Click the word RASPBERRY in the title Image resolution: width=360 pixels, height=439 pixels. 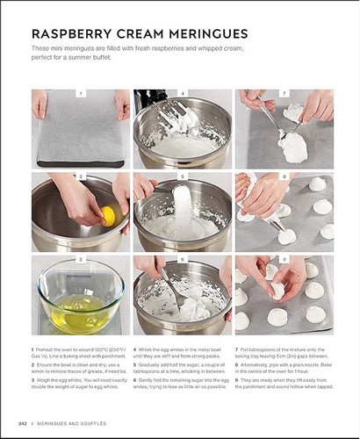coord(68,32)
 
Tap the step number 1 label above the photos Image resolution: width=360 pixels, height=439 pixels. coord(81,92)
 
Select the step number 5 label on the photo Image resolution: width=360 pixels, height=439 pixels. coord(183,176)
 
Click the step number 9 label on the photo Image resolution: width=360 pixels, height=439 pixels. coord(284,260)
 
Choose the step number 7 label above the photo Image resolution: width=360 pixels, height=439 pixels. coord(284,92)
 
